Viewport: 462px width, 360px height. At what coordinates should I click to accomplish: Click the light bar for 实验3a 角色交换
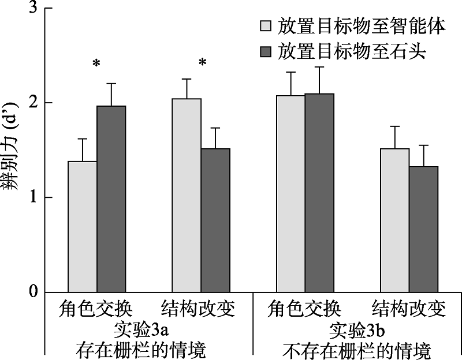click(x=83, y=227)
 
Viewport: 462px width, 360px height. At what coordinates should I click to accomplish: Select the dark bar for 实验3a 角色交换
click(x=111, y=199)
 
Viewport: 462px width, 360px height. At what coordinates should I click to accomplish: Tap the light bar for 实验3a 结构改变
click(x=187, y=196)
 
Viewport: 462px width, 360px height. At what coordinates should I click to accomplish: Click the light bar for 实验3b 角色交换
click(x=291, y=194)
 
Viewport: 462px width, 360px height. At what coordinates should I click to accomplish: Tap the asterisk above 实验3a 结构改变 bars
click(x=202, y=62)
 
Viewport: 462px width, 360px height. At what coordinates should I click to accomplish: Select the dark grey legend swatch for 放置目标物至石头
click(x=266, y=52)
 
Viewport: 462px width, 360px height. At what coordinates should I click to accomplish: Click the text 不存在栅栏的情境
click(x=357, y=349)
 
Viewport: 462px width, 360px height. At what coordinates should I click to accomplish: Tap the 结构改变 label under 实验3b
click(x=409, y=310)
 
